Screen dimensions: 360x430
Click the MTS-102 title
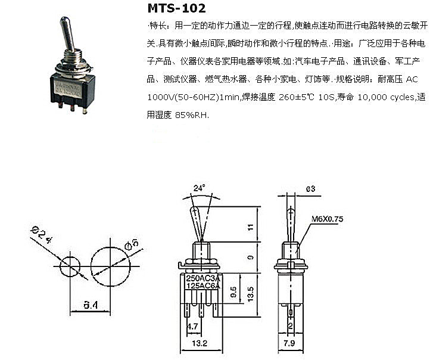pyautogui.click(x=176, y=8)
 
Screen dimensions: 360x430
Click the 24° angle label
pyautogui.click(x=199, y=187)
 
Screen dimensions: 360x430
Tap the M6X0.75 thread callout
pyautogui.click(x=328, y=219)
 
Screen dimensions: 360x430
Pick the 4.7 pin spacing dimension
pyautogui.click(x=192, y=326)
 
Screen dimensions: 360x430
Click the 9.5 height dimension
pyautogui.click(x=234, y=293)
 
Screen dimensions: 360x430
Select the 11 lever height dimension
pyautogui.click(x=251, y=226)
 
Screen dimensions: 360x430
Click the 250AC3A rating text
pyautogui.click(x=204, y=278)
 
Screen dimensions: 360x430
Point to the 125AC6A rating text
pyautogui.click(x=204, y=287)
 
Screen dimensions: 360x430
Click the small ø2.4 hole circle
pyautogui.click(x=71, y=264)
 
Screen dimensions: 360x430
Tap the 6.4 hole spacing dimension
pyautogui.click(x=91, y=305)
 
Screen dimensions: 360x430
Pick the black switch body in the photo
pyautogui.click(x=70, y=90)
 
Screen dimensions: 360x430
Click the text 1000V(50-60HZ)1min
pyautogui.click(x=182, y=97)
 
